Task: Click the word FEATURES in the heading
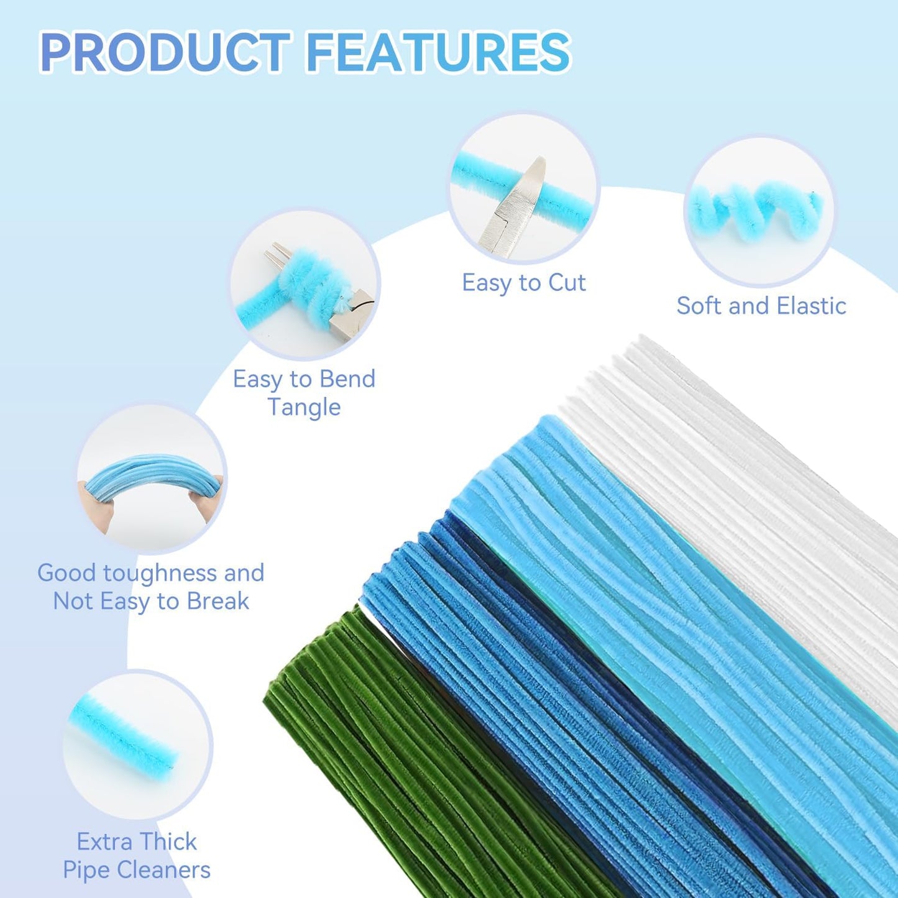[x=439, y=52]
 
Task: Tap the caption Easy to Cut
[x=524, y=282]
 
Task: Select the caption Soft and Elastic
[x=761, y=306]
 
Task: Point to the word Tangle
[x=304, y=407]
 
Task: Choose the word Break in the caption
[x=218, y=601]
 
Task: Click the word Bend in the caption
[x=349, y=379]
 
